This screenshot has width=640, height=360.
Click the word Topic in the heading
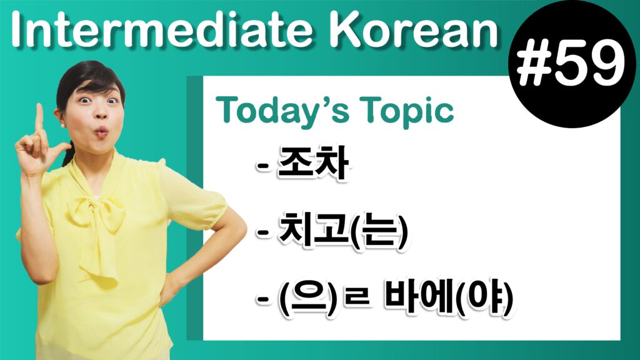tap(407, 111)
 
